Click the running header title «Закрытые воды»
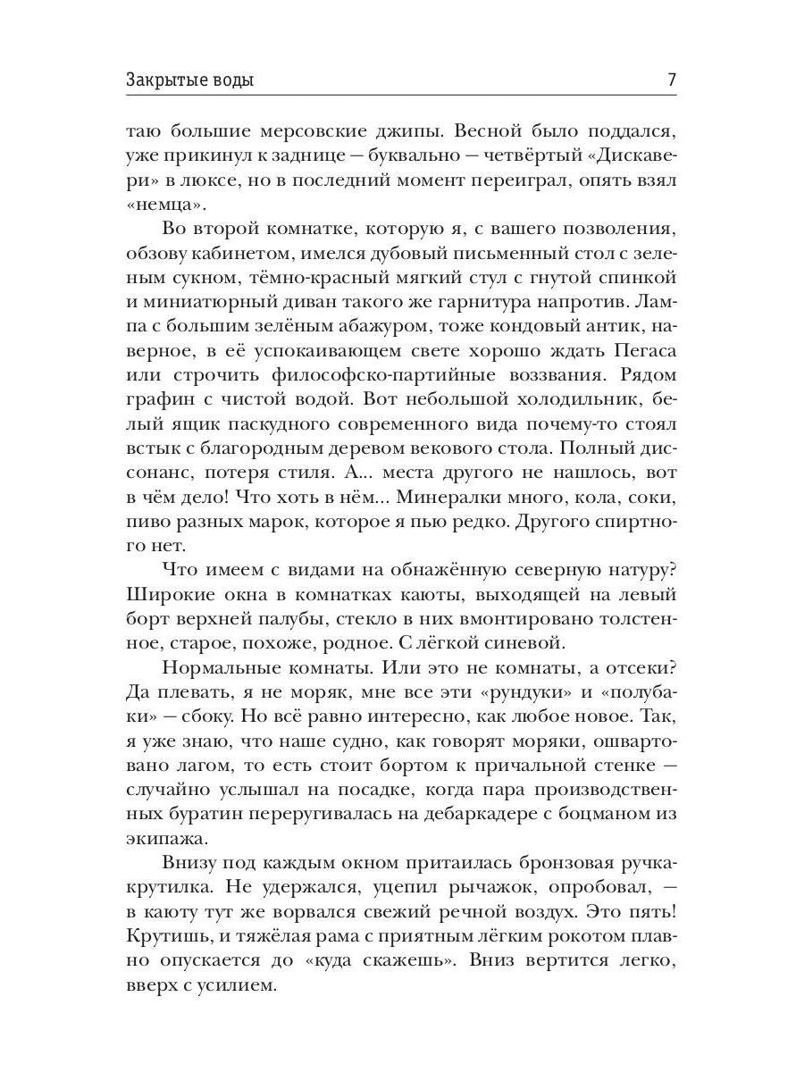189,80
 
